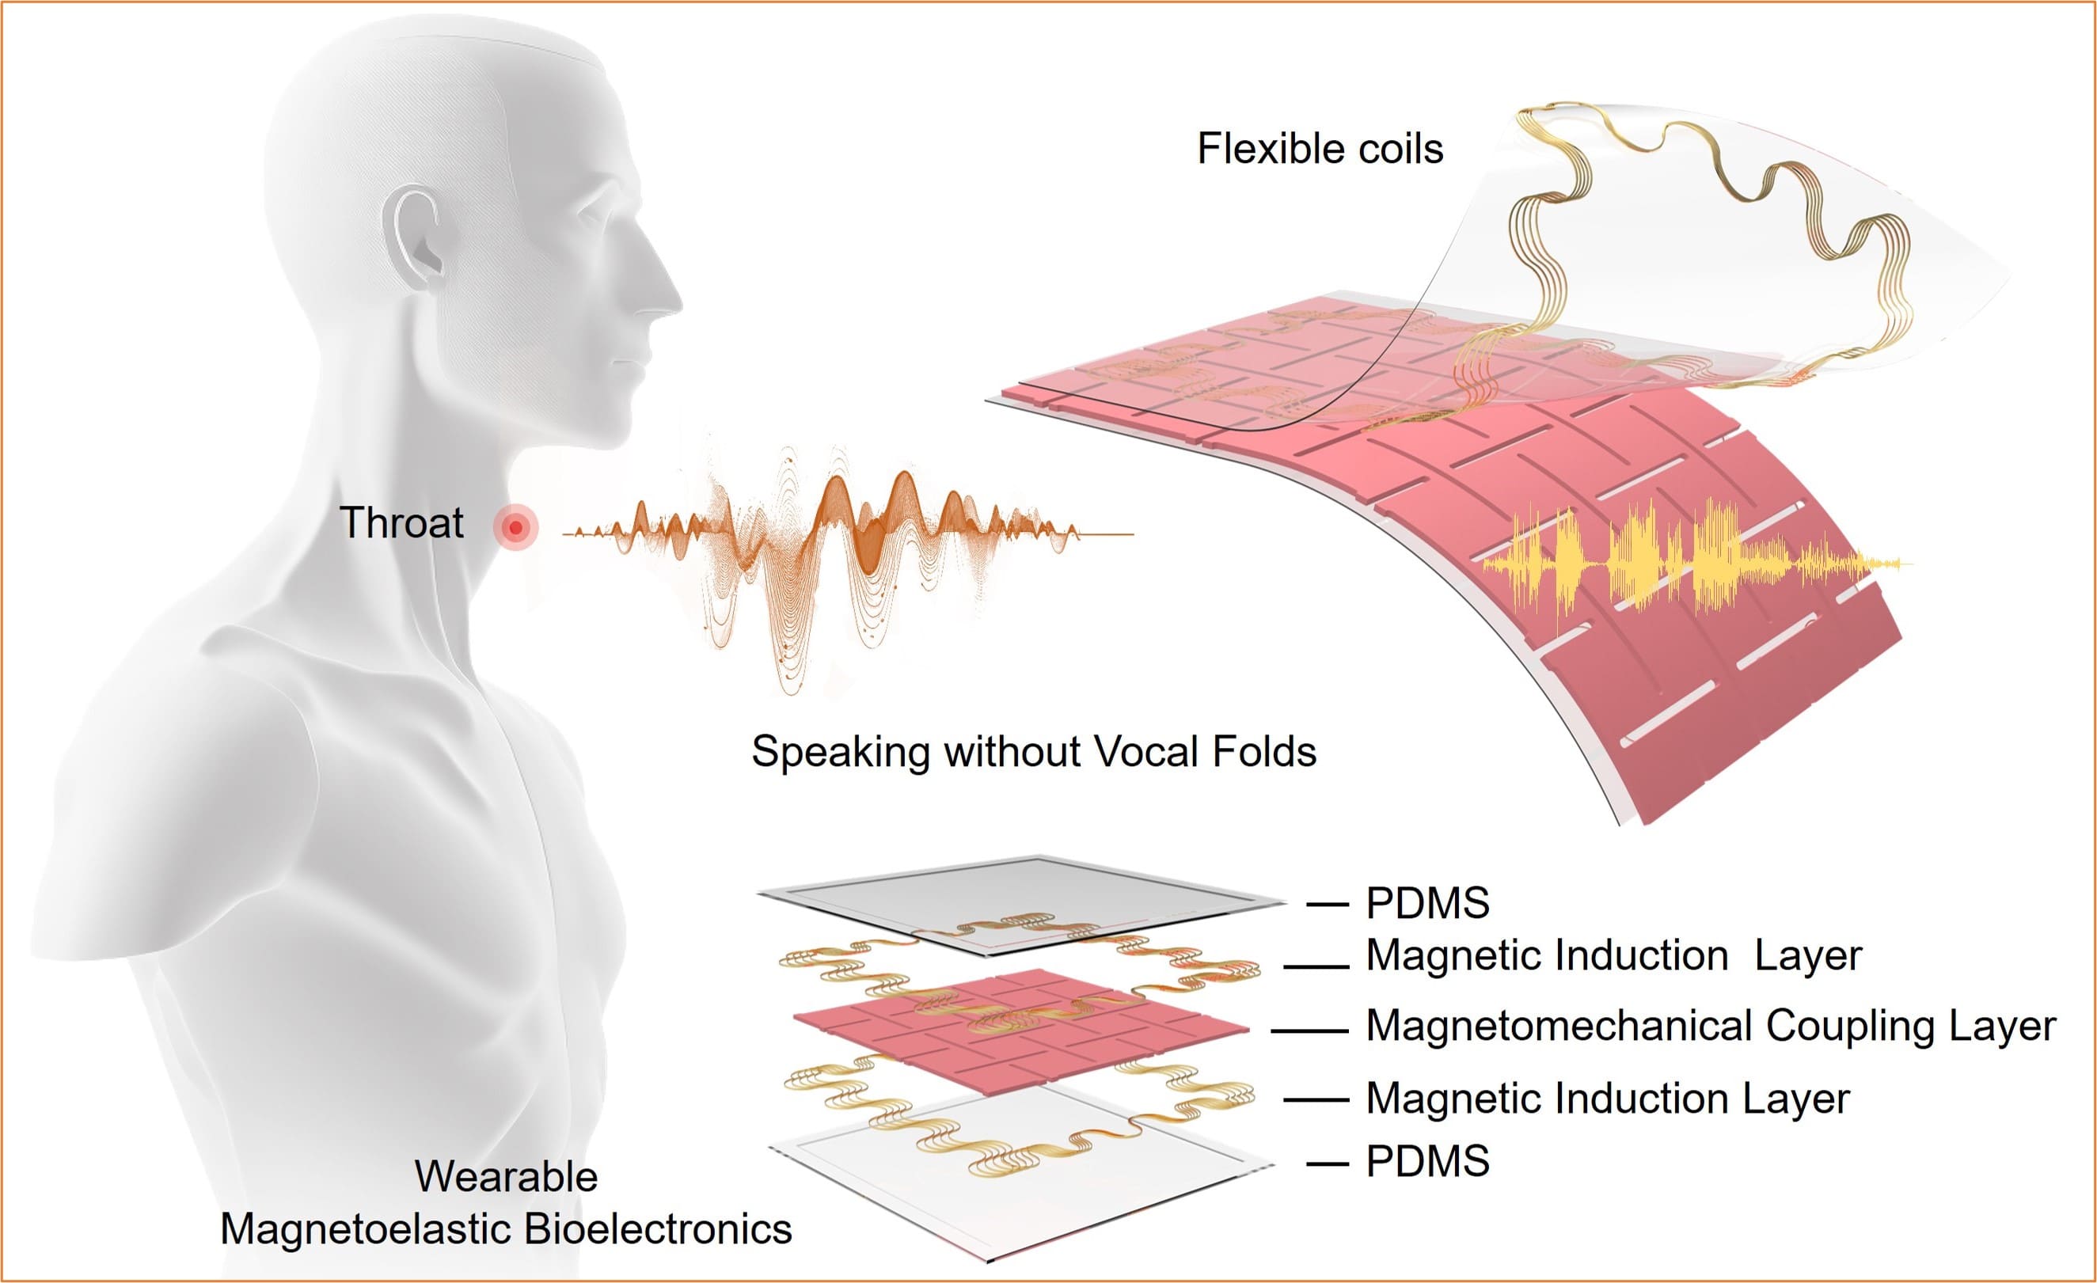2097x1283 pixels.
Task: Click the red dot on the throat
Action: [x=515, y=527]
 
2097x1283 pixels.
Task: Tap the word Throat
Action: [x=401, y=522]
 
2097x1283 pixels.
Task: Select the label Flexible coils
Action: [x=1320, y=149]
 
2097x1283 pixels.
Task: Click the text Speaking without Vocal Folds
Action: [x=1034, y=752]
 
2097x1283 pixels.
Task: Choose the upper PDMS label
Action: [x=1427, y=904]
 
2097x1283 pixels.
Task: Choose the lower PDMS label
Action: [x=1427, y=1161]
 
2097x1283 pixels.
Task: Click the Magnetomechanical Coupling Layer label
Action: [x=1711, y=1026]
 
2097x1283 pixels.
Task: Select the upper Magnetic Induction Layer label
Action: [x=1613, y=956]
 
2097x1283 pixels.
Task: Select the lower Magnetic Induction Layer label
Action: [x=1608, y=1099]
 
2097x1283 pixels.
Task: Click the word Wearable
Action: [x=507, y=1178]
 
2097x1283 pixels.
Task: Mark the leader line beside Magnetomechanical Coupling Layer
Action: [x=1309, y=1031]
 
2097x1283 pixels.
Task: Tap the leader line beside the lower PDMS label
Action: [x=1327, y=1163]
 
